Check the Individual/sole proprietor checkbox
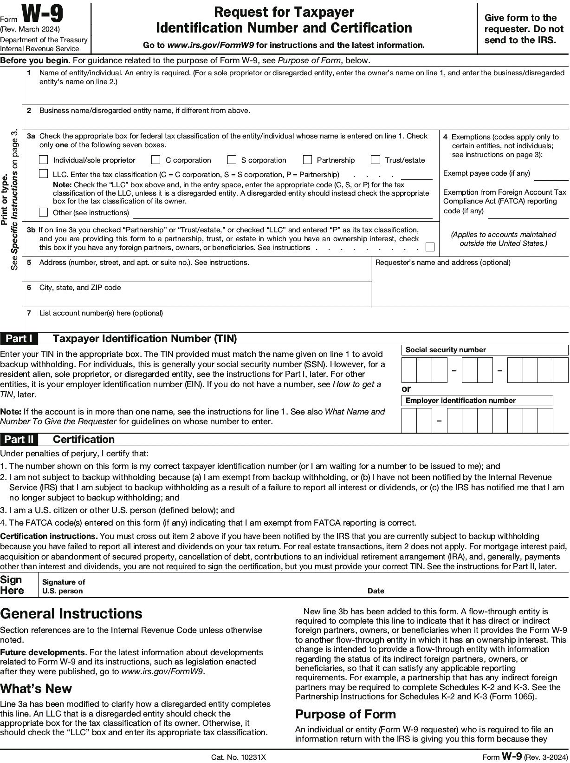(44, 160)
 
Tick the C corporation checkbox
(156, 160)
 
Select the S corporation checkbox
(232, 160)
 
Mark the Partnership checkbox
(307, 160)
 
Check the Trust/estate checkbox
(376, 160)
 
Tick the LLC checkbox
(44, 174)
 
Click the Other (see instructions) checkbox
(44, 212)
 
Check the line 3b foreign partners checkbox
(430, 247)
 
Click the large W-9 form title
(43, 15)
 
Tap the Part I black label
(19, 338)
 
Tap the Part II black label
(19, 439)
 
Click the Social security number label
(446, 350)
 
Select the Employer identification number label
(460, 401)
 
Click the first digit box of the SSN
(409, 370)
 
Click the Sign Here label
(12, 585)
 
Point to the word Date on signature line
(376, 591)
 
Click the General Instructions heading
(71, 614)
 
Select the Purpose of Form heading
(345, 714)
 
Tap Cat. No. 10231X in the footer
(239, 757)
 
